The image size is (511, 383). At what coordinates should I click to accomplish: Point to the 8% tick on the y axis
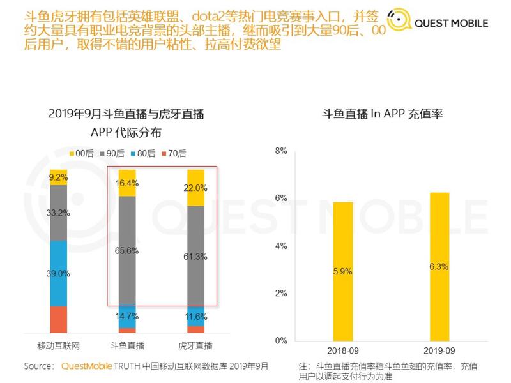[281, 151]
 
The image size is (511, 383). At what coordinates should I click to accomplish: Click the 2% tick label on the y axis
[281, 294]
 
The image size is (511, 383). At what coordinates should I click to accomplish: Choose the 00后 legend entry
[81, 153]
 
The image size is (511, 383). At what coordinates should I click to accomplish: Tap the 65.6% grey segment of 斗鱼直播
[127, 250]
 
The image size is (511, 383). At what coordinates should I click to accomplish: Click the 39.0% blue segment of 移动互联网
[59, 273]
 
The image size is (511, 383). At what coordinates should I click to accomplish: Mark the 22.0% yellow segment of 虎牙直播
[195, 188]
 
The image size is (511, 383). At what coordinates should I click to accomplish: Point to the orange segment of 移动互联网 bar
[59, 319]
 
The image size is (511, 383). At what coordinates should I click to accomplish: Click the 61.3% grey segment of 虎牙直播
[195, 255]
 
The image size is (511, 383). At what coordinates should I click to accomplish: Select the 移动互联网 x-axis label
[58, 346]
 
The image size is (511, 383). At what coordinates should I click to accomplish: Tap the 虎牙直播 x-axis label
[195, 346]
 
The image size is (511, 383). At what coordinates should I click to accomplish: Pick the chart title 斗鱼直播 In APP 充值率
[383, 114]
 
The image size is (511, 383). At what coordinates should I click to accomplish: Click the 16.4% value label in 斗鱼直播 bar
[127, 183]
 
